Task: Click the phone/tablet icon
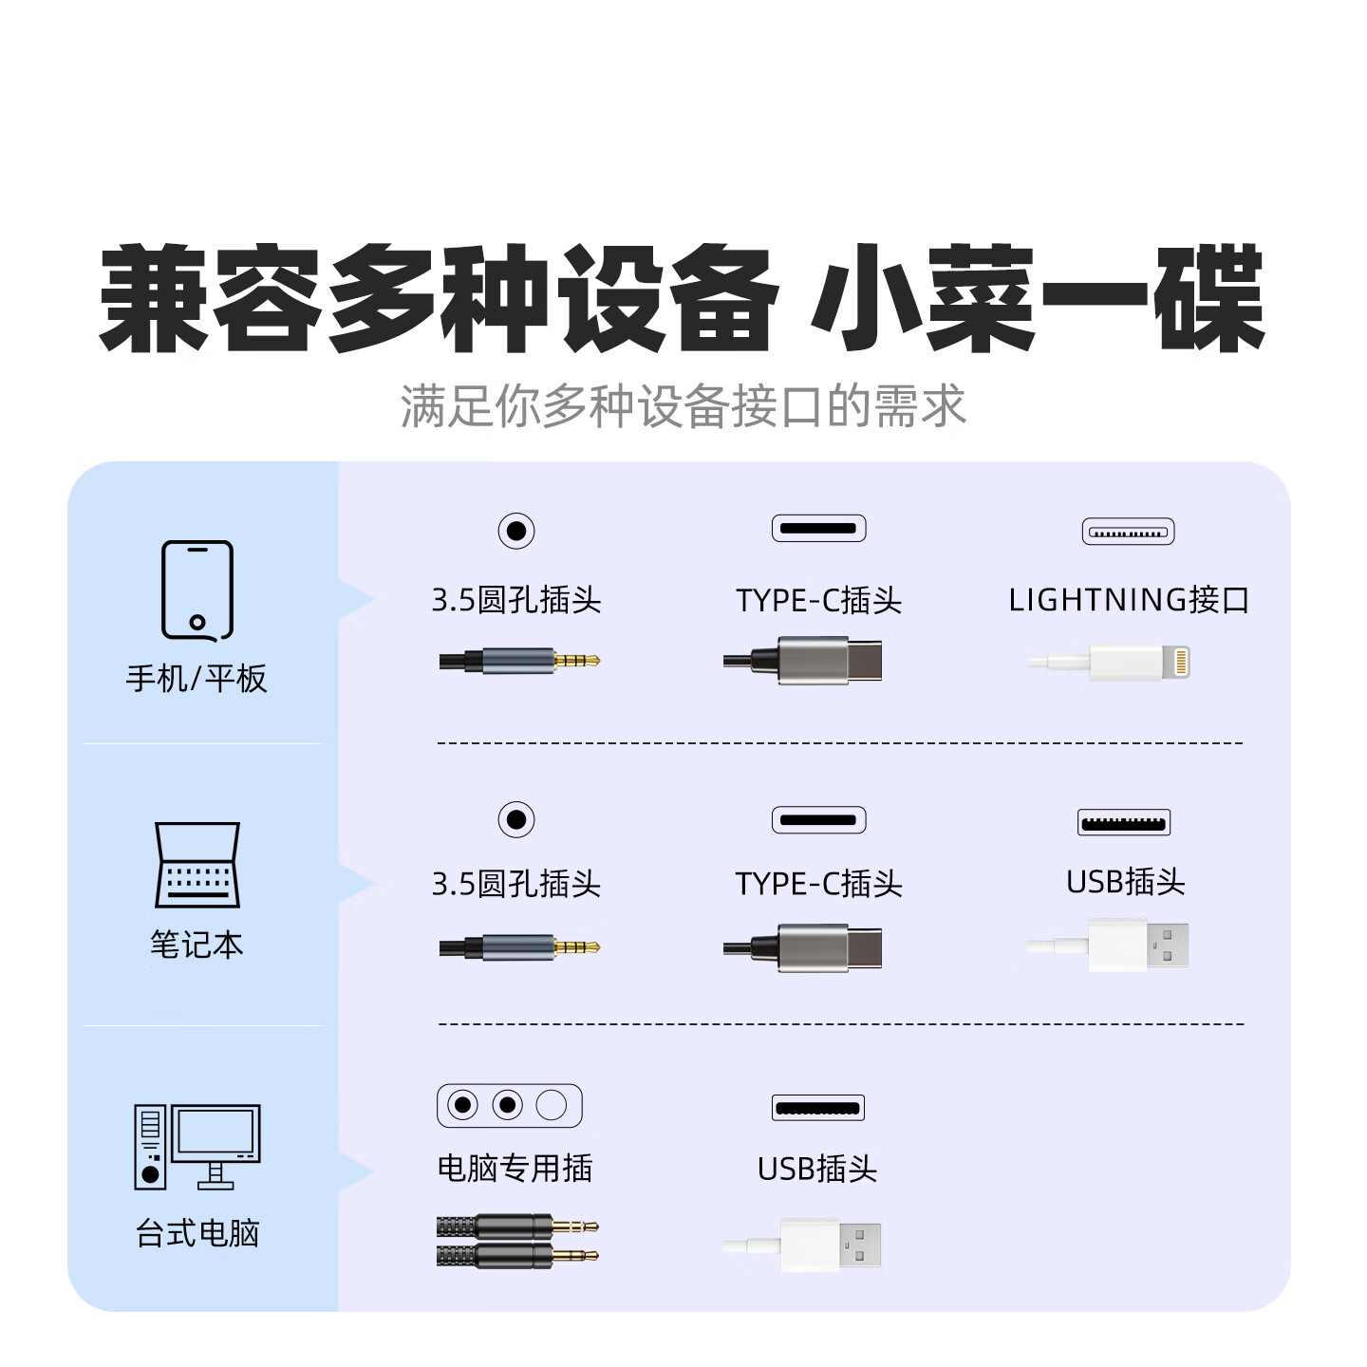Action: tap(197, 590)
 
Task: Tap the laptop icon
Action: tap(197, 865)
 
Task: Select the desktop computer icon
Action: tap(197, 1147)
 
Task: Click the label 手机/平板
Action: tap(197, 679)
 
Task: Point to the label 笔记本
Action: tap(197, 945)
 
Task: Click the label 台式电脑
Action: tap(197, 1233)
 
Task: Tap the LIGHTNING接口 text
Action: tap(1129, 600)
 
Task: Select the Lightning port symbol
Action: tap(1128, 532)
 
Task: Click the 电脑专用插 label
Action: tap(515, 1169)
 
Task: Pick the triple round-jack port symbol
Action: tap(510, 1105)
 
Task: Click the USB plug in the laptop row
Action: tap(1107, 945)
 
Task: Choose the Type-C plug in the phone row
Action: tap(802, 661)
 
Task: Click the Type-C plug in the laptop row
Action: tap(802, 947)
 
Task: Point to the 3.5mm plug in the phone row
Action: tap(519, 661)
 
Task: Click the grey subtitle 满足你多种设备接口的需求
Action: tap(683, 406)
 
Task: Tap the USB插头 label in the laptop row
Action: tap(1126, 882)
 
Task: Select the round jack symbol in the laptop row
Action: tap(516, 819)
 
